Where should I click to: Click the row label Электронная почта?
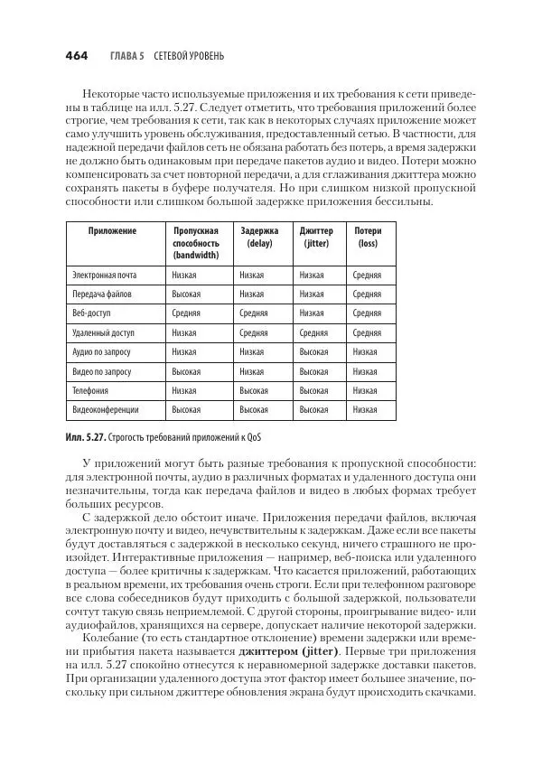(104, 275)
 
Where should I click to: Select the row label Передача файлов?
(101, 294)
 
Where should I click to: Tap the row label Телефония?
(90, 390)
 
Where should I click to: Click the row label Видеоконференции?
(105, 410)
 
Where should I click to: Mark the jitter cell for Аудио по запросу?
(313, 352)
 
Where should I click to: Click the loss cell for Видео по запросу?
(365, 371)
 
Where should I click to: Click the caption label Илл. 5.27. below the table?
(86, 437)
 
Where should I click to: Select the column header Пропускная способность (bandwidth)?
(196, 243)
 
